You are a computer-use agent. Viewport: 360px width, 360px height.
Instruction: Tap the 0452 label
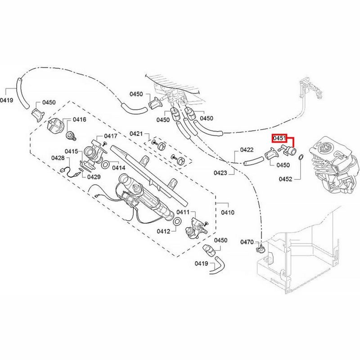[x=285, y=179]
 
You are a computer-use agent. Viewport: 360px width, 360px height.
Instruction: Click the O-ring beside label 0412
[x=177, y=221]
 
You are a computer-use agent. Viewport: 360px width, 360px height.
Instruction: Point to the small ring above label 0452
[x=301, y=157]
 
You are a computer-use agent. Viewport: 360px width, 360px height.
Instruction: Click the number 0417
[x=111, y=136]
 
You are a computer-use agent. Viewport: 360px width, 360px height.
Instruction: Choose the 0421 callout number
[x=136, y=134]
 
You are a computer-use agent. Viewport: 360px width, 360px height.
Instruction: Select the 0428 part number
[x=58, y=158]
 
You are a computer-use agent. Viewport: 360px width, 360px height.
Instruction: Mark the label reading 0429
[x=94, y=177]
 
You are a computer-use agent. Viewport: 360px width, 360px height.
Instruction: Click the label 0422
[x=247, y=149]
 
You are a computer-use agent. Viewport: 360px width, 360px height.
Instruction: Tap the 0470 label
[x=247, y=242]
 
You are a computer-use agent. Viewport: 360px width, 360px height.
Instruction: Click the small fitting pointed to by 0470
[x=260, y=247]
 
